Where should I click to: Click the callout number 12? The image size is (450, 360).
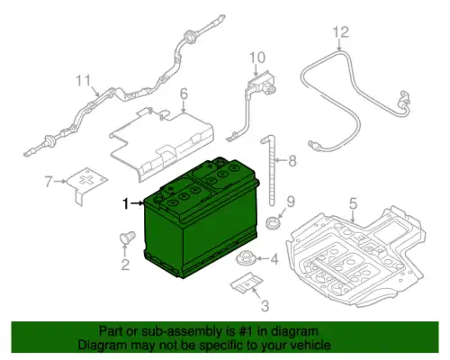pyautogui.click(x=341, y=32)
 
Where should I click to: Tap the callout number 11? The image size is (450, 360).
pyautogui.click(x=83, y=81)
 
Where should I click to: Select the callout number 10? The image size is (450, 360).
pyautogui.click(x=257, y=58)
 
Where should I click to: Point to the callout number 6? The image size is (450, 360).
pyautogui.click(x=184, y=94)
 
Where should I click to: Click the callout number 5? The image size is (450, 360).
pyautogui.click(x=354, y=203)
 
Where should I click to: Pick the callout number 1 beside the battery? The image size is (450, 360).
pyautogui.click(x=126, y=204)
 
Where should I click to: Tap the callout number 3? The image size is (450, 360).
pyautogui.click(x=265, y=306)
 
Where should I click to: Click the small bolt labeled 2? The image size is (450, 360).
pyautogui.click(x=127, y=238)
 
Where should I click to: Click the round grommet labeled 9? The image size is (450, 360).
pyautogui.click(x=273, y=222)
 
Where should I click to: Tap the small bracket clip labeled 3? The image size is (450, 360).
pyautogui.click(x=247, y=283)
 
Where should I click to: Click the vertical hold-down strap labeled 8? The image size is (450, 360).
pyautogui.click(x=271, y=171)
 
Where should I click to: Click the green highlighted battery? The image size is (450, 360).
pyautogui.click(x=201, y=219)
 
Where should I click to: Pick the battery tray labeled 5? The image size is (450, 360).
pyautogui.click(x=355, y=258)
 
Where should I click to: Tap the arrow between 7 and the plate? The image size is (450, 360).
pyautogui.click(x=60, y=181)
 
